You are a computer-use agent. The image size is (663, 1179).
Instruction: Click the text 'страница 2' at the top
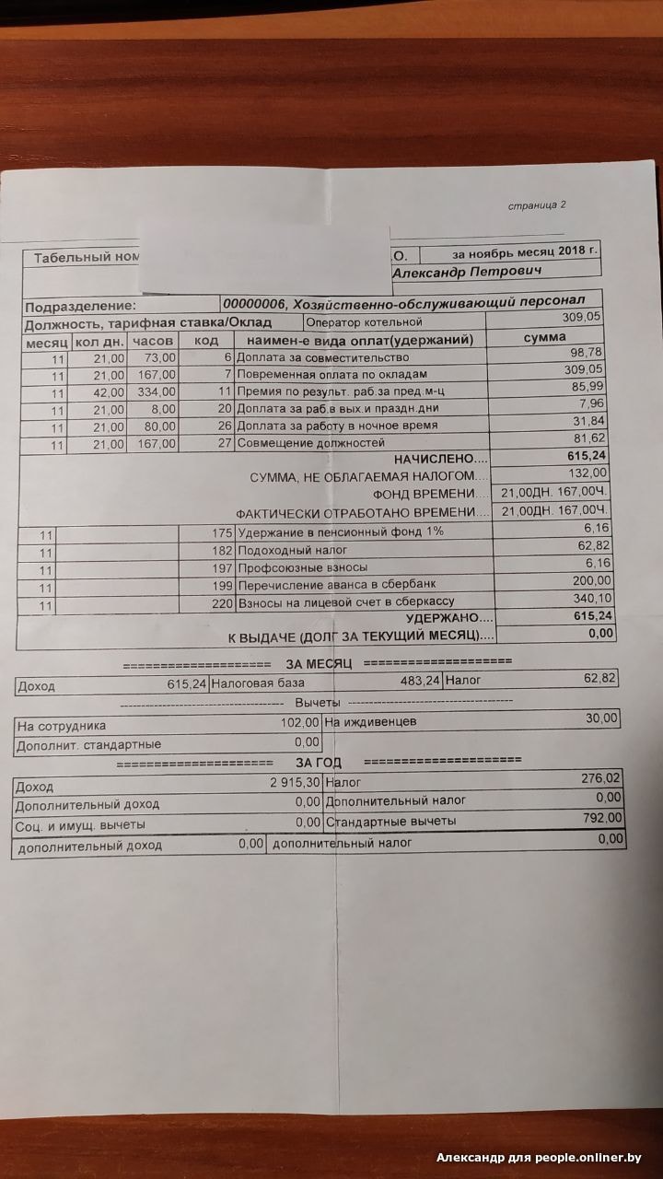(537, 204)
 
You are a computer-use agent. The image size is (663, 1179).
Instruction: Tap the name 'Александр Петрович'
(468, 272)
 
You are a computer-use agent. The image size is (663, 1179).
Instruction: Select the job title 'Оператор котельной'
(364, 322)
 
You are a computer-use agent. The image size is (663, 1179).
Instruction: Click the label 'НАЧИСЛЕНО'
(436, 459)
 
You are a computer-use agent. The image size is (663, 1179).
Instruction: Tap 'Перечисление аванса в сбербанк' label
(336, 585)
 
